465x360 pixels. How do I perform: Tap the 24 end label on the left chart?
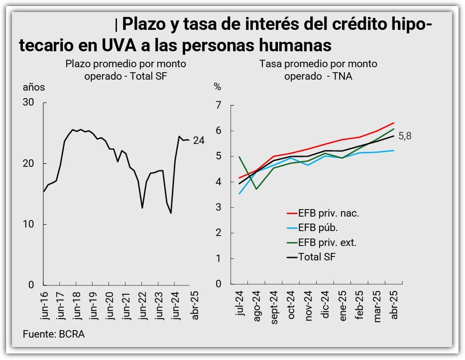coord(199,141)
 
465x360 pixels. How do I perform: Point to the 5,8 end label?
coord(405,136)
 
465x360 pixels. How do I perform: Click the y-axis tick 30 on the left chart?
coord(29,103)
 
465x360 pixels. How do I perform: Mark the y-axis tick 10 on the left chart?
coord(29,224)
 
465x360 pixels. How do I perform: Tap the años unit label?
coord(34,87)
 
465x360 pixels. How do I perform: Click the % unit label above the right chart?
coord(217,87)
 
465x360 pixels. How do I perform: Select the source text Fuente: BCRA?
coord(53,334)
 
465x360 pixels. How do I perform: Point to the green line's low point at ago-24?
coord(256,189)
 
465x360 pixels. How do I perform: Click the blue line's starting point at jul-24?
coord(239,193)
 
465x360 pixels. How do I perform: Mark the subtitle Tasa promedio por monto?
coord(318,64)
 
